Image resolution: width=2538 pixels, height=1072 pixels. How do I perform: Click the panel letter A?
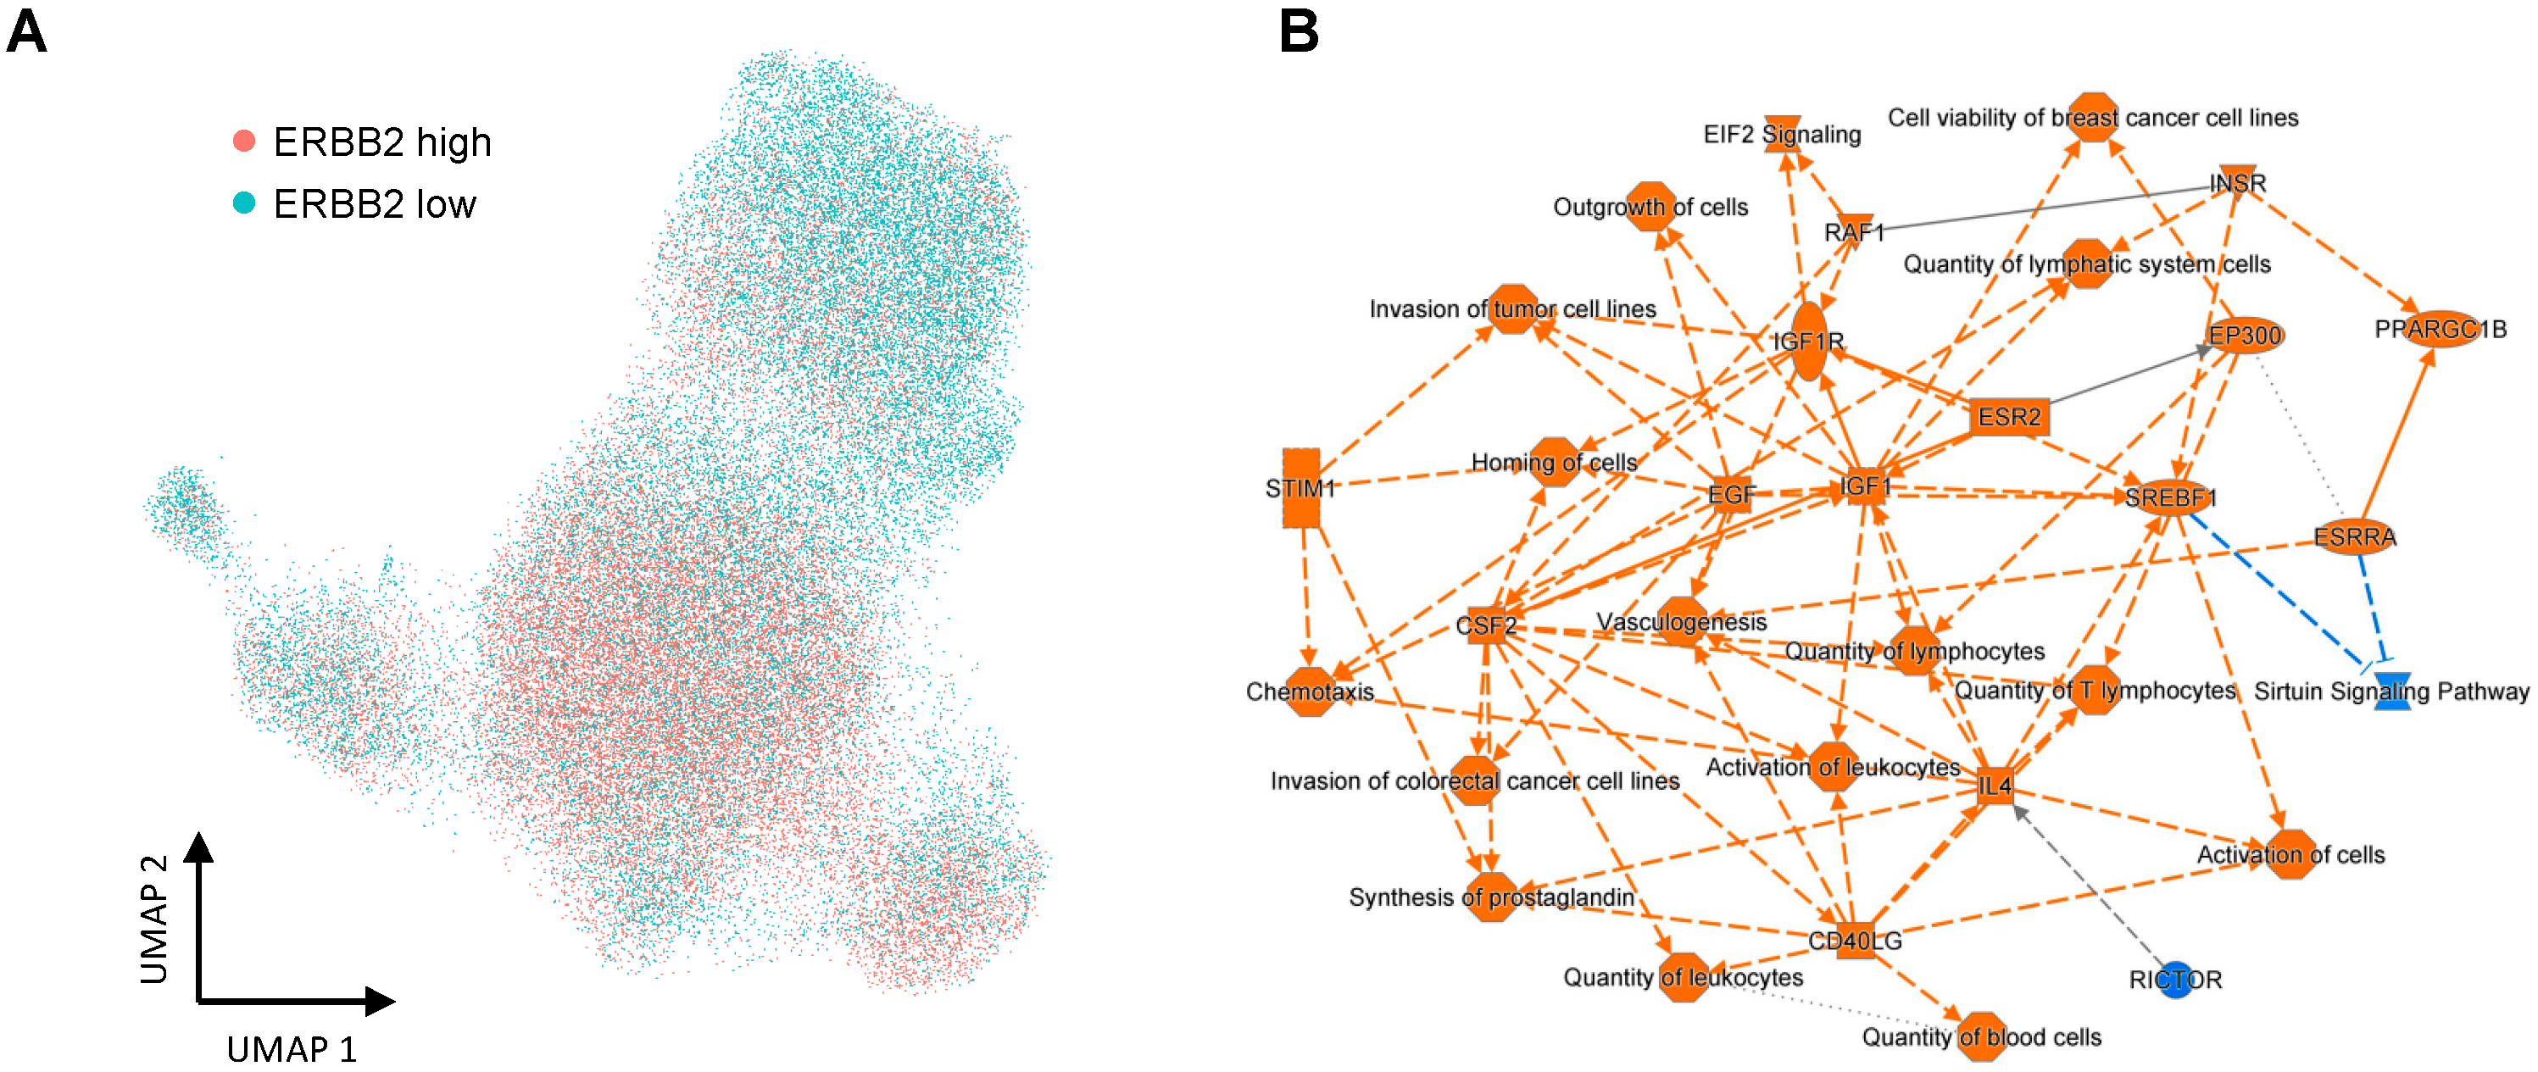coord(26,31)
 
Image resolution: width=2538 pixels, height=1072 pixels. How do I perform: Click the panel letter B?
coord(1299,31)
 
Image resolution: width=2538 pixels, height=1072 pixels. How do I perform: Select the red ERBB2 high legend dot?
coord(244,141)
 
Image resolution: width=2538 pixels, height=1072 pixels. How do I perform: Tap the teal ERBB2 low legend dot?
coord(244,203)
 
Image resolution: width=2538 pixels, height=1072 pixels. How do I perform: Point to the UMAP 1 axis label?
coord(292,1049)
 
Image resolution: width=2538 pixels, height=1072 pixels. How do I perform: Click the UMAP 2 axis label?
coord(154,919)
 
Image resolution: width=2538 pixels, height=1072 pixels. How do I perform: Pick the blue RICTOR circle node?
coord(2174,980)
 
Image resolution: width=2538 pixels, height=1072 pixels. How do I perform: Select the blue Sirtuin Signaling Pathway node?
coord(2392,691)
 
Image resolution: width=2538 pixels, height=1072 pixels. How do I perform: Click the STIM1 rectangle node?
coord(1301,488)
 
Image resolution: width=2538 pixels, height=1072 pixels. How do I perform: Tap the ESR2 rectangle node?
coord(2009,417)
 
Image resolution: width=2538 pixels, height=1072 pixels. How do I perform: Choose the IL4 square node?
coord(1995,786)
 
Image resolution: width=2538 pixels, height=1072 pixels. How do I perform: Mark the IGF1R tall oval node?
coord(1808,341)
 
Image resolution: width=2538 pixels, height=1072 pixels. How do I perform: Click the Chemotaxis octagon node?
coord(1310,692)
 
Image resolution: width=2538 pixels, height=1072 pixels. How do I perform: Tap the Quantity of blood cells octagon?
coord(1981,1036)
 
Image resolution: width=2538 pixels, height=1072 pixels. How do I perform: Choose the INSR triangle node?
coord(2238,182)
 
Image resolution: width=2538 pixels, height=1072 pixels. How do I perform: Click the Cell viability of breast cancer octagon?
coord(2093,117)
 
